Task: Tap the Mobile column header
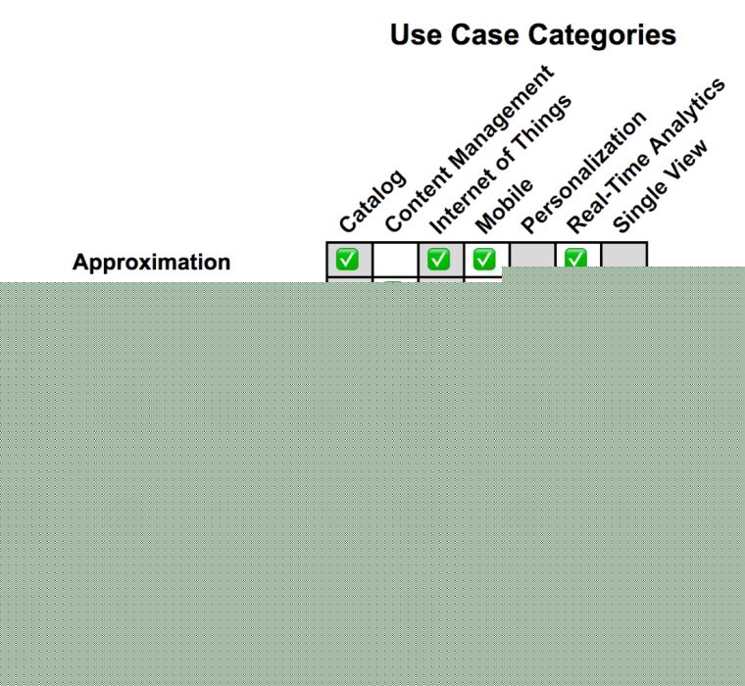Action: click(504, 205)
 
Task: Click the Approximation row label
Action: click(152, 262)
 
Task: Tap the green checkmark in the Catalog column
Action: click(347, 260)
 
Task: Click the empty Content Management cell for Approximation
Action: click(394, 260)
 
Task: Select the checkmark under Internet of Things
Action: click(439, 260)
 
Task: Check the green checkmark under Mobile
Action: click(484, 260)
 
